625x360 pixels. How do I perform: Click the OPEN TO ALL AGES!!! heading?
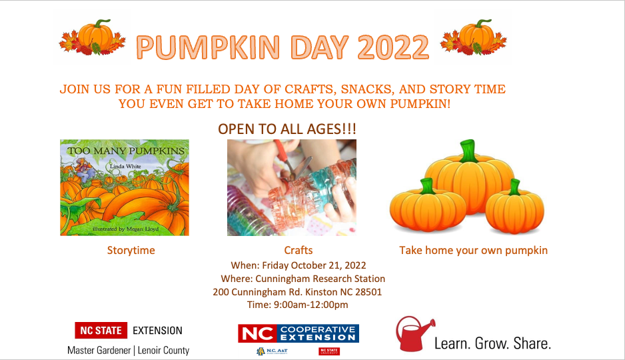(x=287, y=129)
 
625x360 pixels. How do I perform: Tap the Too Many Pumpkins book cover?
(x=125, y=187)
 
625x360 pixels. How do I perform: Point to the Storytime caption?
(x=131, y=251)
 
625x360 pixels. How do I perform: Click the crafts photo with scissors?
(x=291, y=187)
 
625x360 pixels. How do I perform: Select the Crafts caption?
(x=298, y=251)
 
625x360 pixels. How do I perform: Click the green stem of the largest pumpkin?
(x=469, y=150)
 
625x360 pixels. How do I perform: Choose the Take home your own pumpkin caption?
(x=473, y=251)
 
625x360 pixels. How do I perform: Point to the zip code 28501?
(x=366, y=292)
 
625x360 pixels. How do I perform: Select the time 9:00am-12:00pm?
(x=310, y=305)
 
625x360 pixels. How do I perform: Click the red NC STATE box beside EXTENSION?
(x=101, y=330)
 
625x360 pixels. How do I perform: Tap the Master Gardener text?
(x=99, y=350)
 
